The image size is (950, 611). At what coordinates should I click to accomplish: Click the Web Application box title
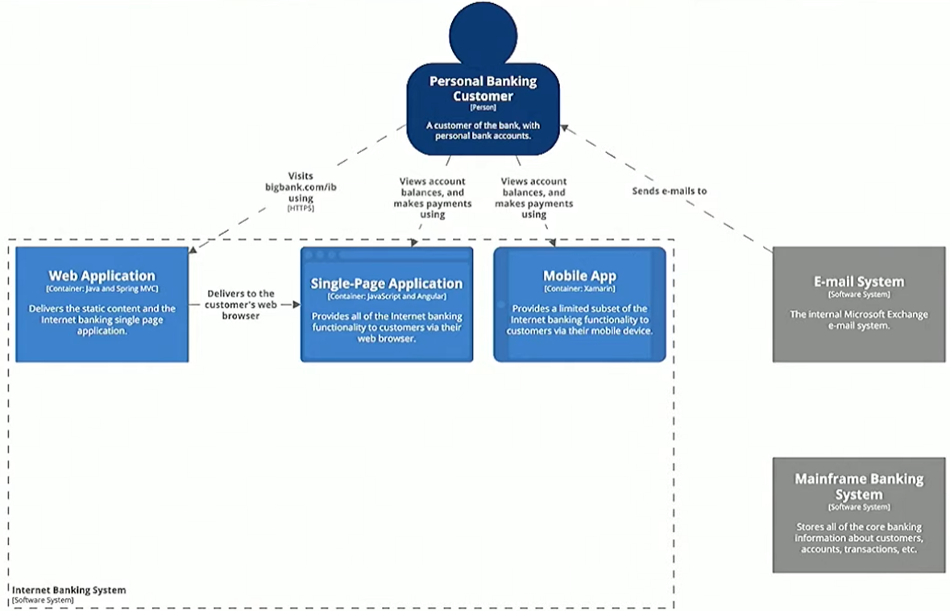[x=102, y=276]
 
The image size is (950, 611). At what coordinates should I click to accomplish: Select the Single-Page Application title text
[x=387, y=283]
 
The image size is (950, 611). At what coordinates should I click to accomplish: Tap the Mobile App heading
[x=579, y=276]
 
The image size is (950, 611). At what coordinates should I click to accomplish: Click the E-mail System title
[x=859, y=282]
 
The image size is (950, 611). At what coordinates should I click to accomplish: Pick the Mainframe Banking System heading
[x=859, y=486]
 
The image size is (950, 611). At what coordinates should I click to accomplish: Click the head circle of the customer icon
[x=482, y=34]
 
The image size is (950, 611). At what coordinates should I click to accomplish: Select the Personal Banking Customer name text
[x=483, y=89]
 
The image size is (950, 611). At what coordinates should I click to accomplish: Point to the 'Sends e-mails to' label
[x=669, y=191]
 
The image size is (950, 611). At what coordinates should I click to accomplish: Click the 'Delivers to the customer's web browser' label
[x=240, y=304]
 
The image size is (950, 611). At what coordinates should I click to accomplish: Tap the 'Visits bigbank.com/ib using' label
[x=300, y=187]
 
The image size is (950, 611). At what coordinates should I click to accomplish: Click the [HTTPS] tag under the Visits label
[x=301, y=208]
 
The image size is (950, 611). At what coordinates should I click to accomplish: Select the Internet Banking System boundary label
[x=68, y=590]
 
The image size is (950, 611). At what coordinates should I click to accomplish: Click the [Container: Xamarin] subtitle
[x=579, y=289]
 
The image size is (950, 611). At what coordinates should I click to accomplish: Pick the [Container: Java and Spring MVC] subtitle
[x=102, y=289]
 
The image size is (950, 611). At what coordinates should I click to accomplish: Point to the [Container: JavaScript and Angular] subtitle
[x=387, y=296]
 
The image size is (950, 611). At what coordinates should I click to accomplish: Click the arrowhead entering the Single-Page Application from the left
[x=296, y=305]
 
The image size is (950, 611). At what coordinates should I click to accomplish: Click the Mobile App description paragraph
[x=579, y=320]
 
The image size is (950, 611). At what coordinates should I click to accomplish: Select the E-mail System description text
[x=859, y=320]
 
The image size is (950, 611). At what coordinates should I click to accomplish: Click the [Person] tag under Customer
[x=483, y=107]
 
